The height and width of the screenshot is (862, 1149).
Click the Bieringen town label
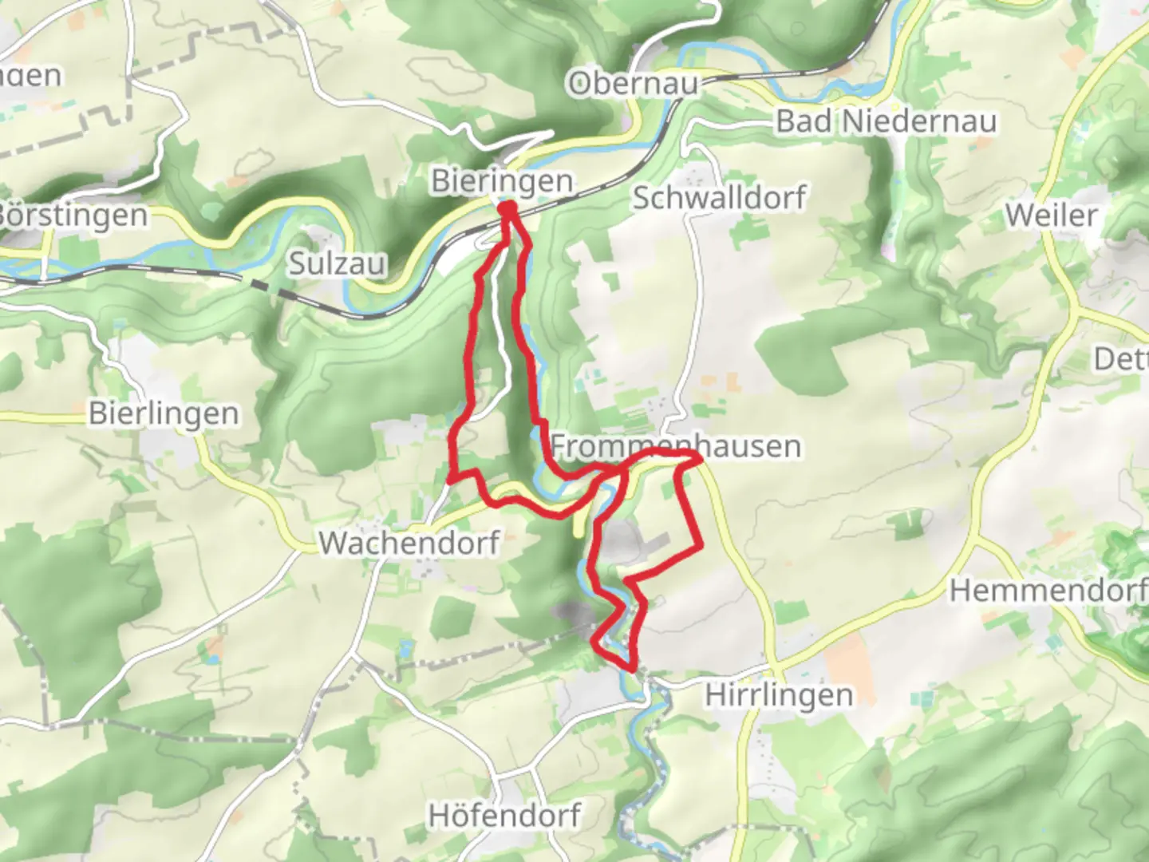point(502,181)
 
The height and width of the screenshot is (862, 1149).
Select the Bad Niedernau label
point(886,121)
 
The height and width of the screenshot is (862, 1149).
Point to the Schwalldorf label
point(719,197)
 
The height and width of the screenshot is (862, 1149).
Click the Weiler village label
point(1051,215)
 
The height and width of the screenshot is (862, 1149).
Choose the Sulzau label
point(337,263)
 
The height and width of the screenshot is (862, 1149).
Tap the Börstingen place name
point(73,215)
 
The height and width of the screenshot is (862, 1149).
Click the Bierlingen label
point(164,413)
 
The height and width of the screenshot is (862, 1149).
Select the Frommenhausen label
point(676,445)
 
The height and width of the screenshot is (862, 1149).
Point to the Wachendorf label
point(409,543)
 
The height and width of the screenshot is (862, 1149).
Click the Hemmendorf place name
point(1048,591)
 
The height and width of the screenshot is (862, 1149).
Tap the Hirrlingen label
point(779,694)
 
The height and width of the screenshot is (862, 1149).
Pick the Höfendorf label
point(504,816)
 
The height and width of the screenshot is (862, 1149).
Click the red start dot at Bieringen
point(507,209)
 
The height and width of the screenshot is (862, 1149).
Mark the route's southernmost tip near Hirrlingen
point(633,668)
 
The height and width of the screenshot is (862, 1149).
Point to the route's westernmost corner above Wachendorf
point(452,478)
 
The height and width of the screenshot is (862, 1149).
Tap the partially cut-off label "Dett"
point(1120,358)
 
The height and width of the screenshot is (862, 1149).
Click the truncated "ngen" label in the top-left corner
point(30,76)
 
